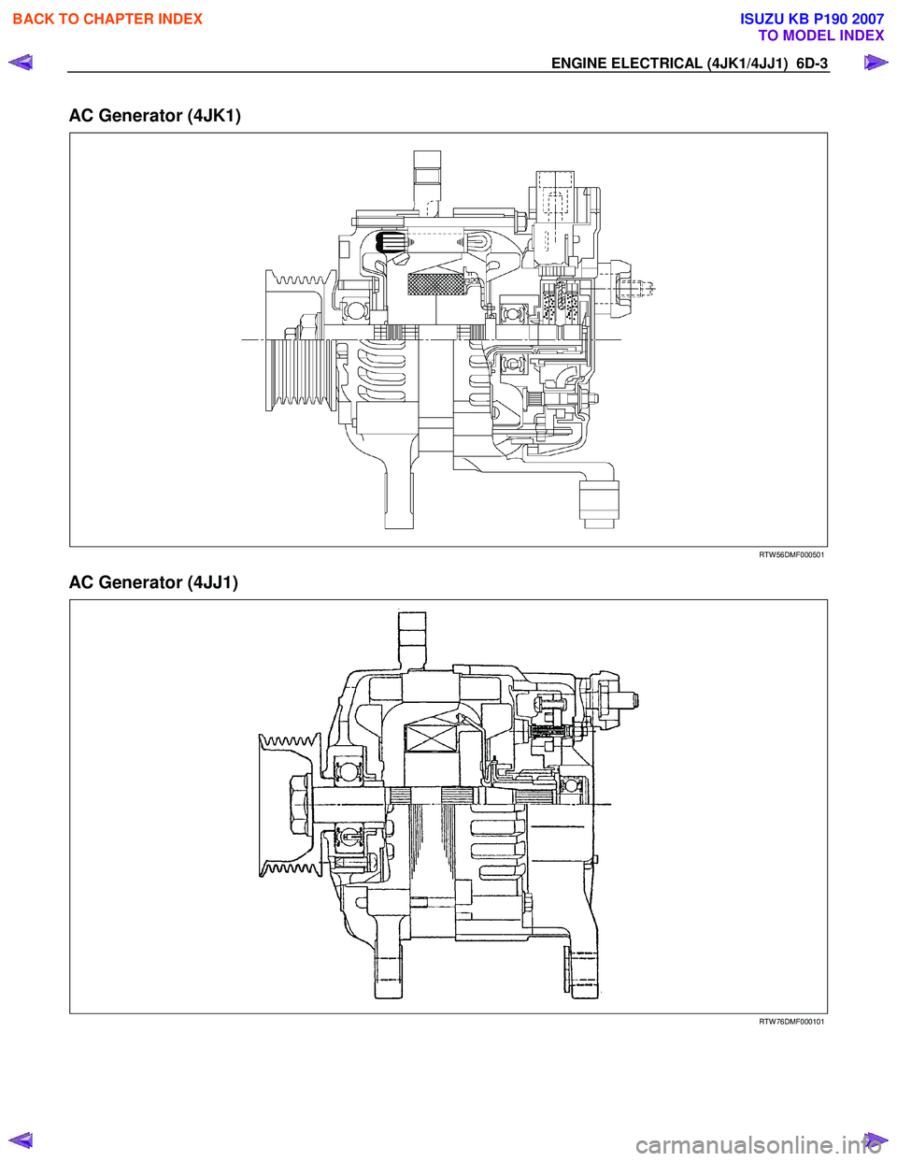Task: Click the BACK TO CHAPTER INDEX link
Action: [x=107, y=19]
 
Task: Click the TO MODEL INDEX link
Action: [x=820, y=36]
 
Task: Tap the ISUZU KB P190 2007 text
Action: [x=811, y=19]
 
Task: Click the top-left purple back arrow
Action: [x=21, y=64]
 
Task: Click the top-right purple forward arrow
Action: [x=875, y=64]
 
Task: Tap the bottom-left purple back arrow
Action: [x=21, y=1139]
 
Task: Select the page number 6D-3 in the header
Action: [x=812, y=64]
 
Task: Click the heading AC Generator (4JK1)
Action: [x=155, y=116]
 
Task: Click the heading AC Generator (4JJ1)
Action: [x=153, y=582]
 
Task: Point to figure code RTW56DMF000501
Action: [x=790, y=555]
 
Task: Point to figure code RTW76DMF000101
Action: [x=790, y=1022]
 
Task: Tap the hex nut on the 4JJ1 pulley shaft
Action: [x=301, y=805]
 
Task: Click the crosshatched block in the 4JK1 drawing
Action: [x=436, y=284]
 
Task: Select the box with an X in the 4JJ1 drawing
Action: [x=431, y=739]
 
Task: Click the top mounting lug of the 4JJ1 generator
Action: [x=412, y=636]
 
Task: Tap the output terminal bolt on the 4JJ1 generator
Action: [x=619, y=699]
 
